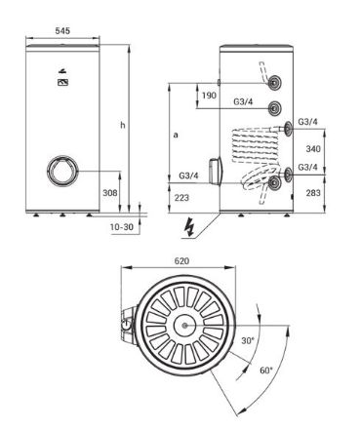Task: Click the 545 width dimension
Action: [x=62, y=31]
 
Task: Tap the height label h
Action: [x=123, y=125]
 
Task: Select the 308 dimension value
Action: [x=110, y=193]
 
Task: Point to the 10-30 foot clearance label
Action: [x=122, y=227]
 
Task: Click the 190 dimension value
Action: [x=209, y=96]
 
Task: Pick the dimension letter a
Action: [x=176, y=135]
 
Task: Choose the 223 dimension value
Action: [x=181, y=198]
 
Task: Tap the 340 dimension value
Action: [x=313, y=149]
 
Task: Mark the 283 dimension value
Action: [x=313, y=193]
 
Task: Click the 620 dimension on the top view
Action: [x=181, y=261]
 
